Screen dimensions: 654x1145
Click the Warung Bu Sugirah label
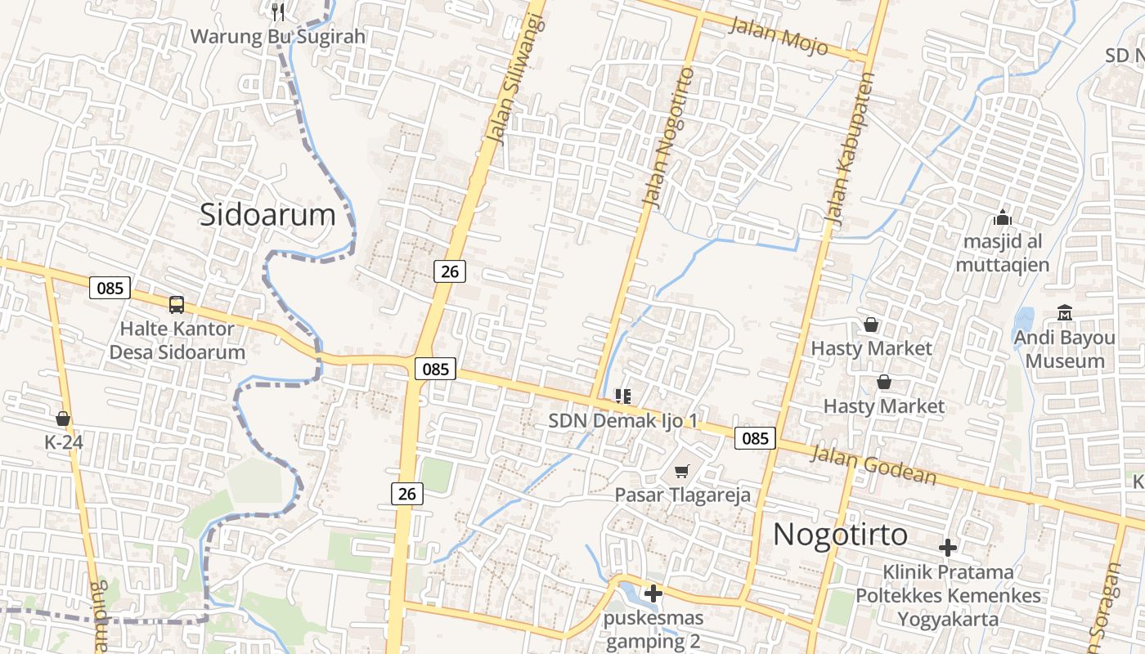click(x=278, y=37)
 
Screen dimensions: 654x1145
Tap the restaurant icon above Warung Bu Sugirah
click(x=278, y=11)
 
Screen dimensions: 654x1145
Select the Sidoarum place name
click(x=267, y=215)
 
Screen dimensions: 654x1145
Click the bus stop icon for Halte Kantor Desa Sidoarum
click(x=176, y=305)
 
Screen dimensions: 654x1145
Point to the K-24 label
click(x=64, y=442)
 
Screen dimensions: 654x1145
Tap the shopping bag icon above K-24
click(x=63, y=419)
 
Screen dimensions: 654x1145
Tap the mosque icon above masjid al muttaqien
click(x=1002, y=218)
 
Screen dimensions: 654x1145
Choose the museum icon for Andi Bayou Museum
click(x=1064, y=312)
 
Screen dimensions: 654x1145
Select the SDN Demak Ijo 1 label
click(x=623, y=421)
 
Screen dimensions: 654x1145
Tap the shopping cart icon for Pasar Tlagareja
click(x=682, y=471)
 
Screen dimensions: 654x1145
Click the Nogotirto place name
click(x=840, y=535)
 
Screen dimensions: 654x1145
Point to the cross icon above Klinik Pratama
click(x=948, y=548)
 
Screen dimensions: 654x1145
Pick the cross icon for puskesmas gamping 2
click(x=653, y=594)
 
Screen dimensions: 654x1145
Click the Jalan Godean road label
click(x=872, y=466)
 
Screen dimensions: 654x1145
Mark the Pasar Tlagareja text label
click(x=682, y=495)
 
